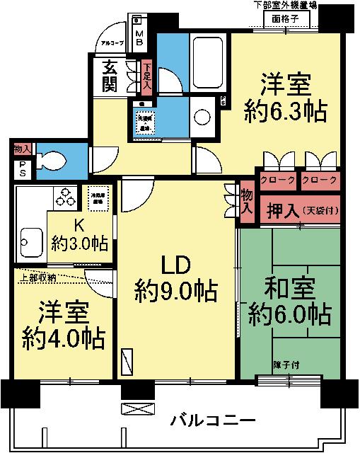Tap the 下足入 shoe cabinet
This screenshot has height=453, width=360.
click(x=146, y=76)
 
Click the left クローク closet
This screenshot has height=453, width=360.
click(x=277, y=180)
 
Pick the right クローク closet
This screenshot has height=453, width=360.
click(x=319, y=180)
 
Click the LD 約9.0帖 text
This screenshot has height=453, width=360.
click(x=176, y=277)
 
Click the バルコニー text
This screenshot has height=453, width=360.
click(x=213, y=422)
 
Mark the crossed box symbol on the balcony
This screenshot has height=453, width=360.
click(x=132, y=409)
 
